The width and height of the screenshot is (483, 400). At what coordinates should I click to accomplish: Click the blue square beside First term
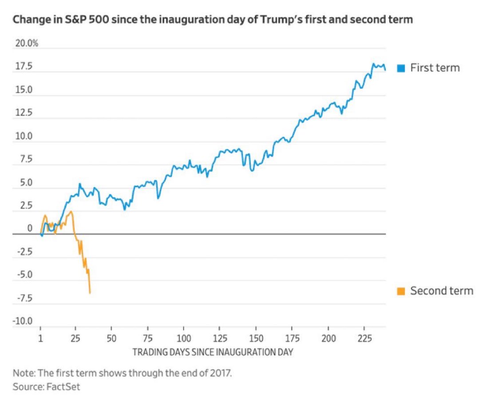pos(401,68)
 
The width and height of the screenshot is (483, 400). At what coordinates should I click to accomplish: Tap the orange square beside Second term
pos(401,291)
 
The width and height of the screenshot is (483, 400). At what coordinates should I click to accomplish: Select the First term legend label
pos(435,68)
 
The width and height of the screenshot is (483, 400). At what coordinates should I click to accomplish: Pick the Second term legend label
pos(442,291)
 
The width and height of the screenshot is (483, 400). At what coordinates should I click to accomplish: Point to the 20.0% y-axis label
pos(27,43)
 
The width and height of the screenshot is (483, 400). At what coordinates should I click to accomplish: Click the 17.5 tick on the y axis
pos(24,67)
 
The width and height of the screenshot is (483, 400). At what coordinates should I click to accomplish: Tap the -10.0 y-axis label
pos(22,321)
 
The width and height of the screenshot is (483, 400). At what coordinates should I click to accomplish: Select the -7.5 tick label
pos(25,298)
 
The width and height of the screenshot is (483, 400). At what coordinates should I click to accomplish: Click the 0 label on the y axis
pos(30,228)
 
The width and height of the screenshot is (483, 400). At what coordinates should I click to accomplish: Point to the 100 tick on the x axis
pos(184,339)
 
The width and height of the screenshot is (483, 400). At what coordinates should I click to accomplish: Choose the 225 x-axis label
pos(365,339)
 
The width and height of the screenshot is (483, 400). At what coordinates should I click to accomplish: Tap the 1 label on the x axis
pos(40,339)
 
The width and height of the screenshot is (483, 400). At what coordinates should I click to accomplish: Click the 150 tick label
pos(256,339)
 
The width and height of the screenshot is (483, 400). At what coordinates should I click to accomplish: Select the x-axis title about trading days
pos(213,352)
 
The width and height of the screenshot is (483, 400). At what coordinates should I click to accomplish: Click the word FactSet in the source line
pos(63,387)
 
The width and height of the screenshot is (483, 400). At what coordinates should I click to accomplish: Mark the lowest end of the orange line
pos(90,293)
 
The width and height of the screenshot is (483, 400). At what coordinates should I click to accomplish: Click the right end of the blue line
pos(385,70)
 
